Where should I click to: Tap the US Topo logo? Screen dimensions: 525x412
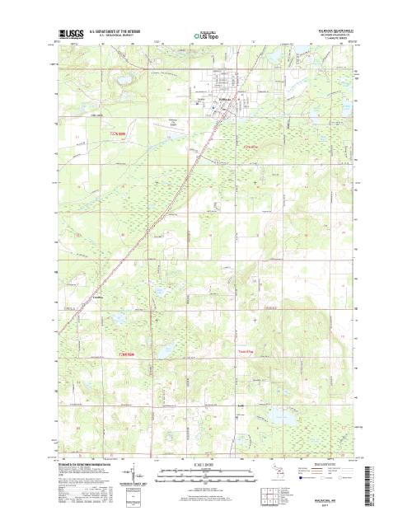click(x=206, y=35)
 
